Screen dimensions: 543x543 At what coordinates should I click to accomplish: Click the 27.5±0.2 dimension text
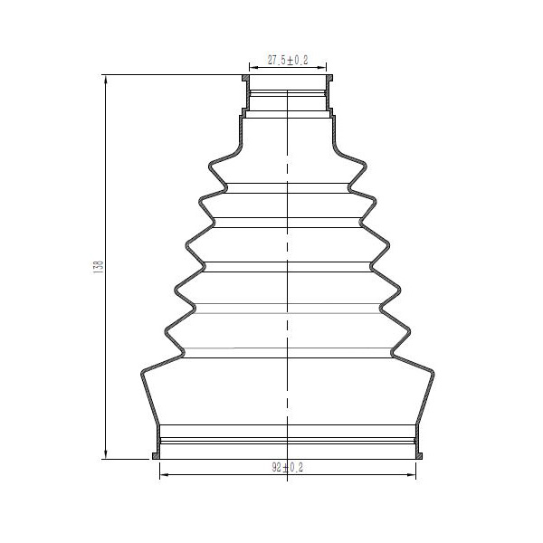[x=288, y=60]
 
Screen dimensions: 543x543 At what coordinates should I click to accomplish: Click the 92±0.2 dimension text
[x=288, y=468]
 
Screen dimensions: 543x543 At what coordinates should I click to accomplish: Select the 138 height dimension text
[x=99, y=267]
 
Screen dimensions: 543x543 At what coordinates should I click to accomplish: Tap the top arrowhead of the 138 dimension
[x=106, y=80]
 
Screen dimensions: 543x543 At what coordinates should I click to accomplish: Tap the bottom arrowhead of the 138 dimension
[x=106, y=454]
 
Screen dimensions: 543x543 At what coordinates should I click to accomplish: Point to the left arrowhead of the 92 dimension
[x=164, y=474]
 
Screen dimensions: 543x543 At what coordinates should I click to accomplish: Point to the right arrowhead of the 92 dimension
[x=411, y=474]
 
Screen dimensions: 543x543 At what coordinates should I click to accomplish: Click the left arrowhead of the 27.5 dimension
[x=253, y=67]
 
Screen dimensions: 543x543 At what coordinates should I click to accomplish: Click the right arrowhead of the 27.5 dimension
[x=321, y=67]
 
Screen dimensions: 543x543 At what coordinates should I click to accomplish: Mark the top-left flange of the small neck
[x=245, y=78]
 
